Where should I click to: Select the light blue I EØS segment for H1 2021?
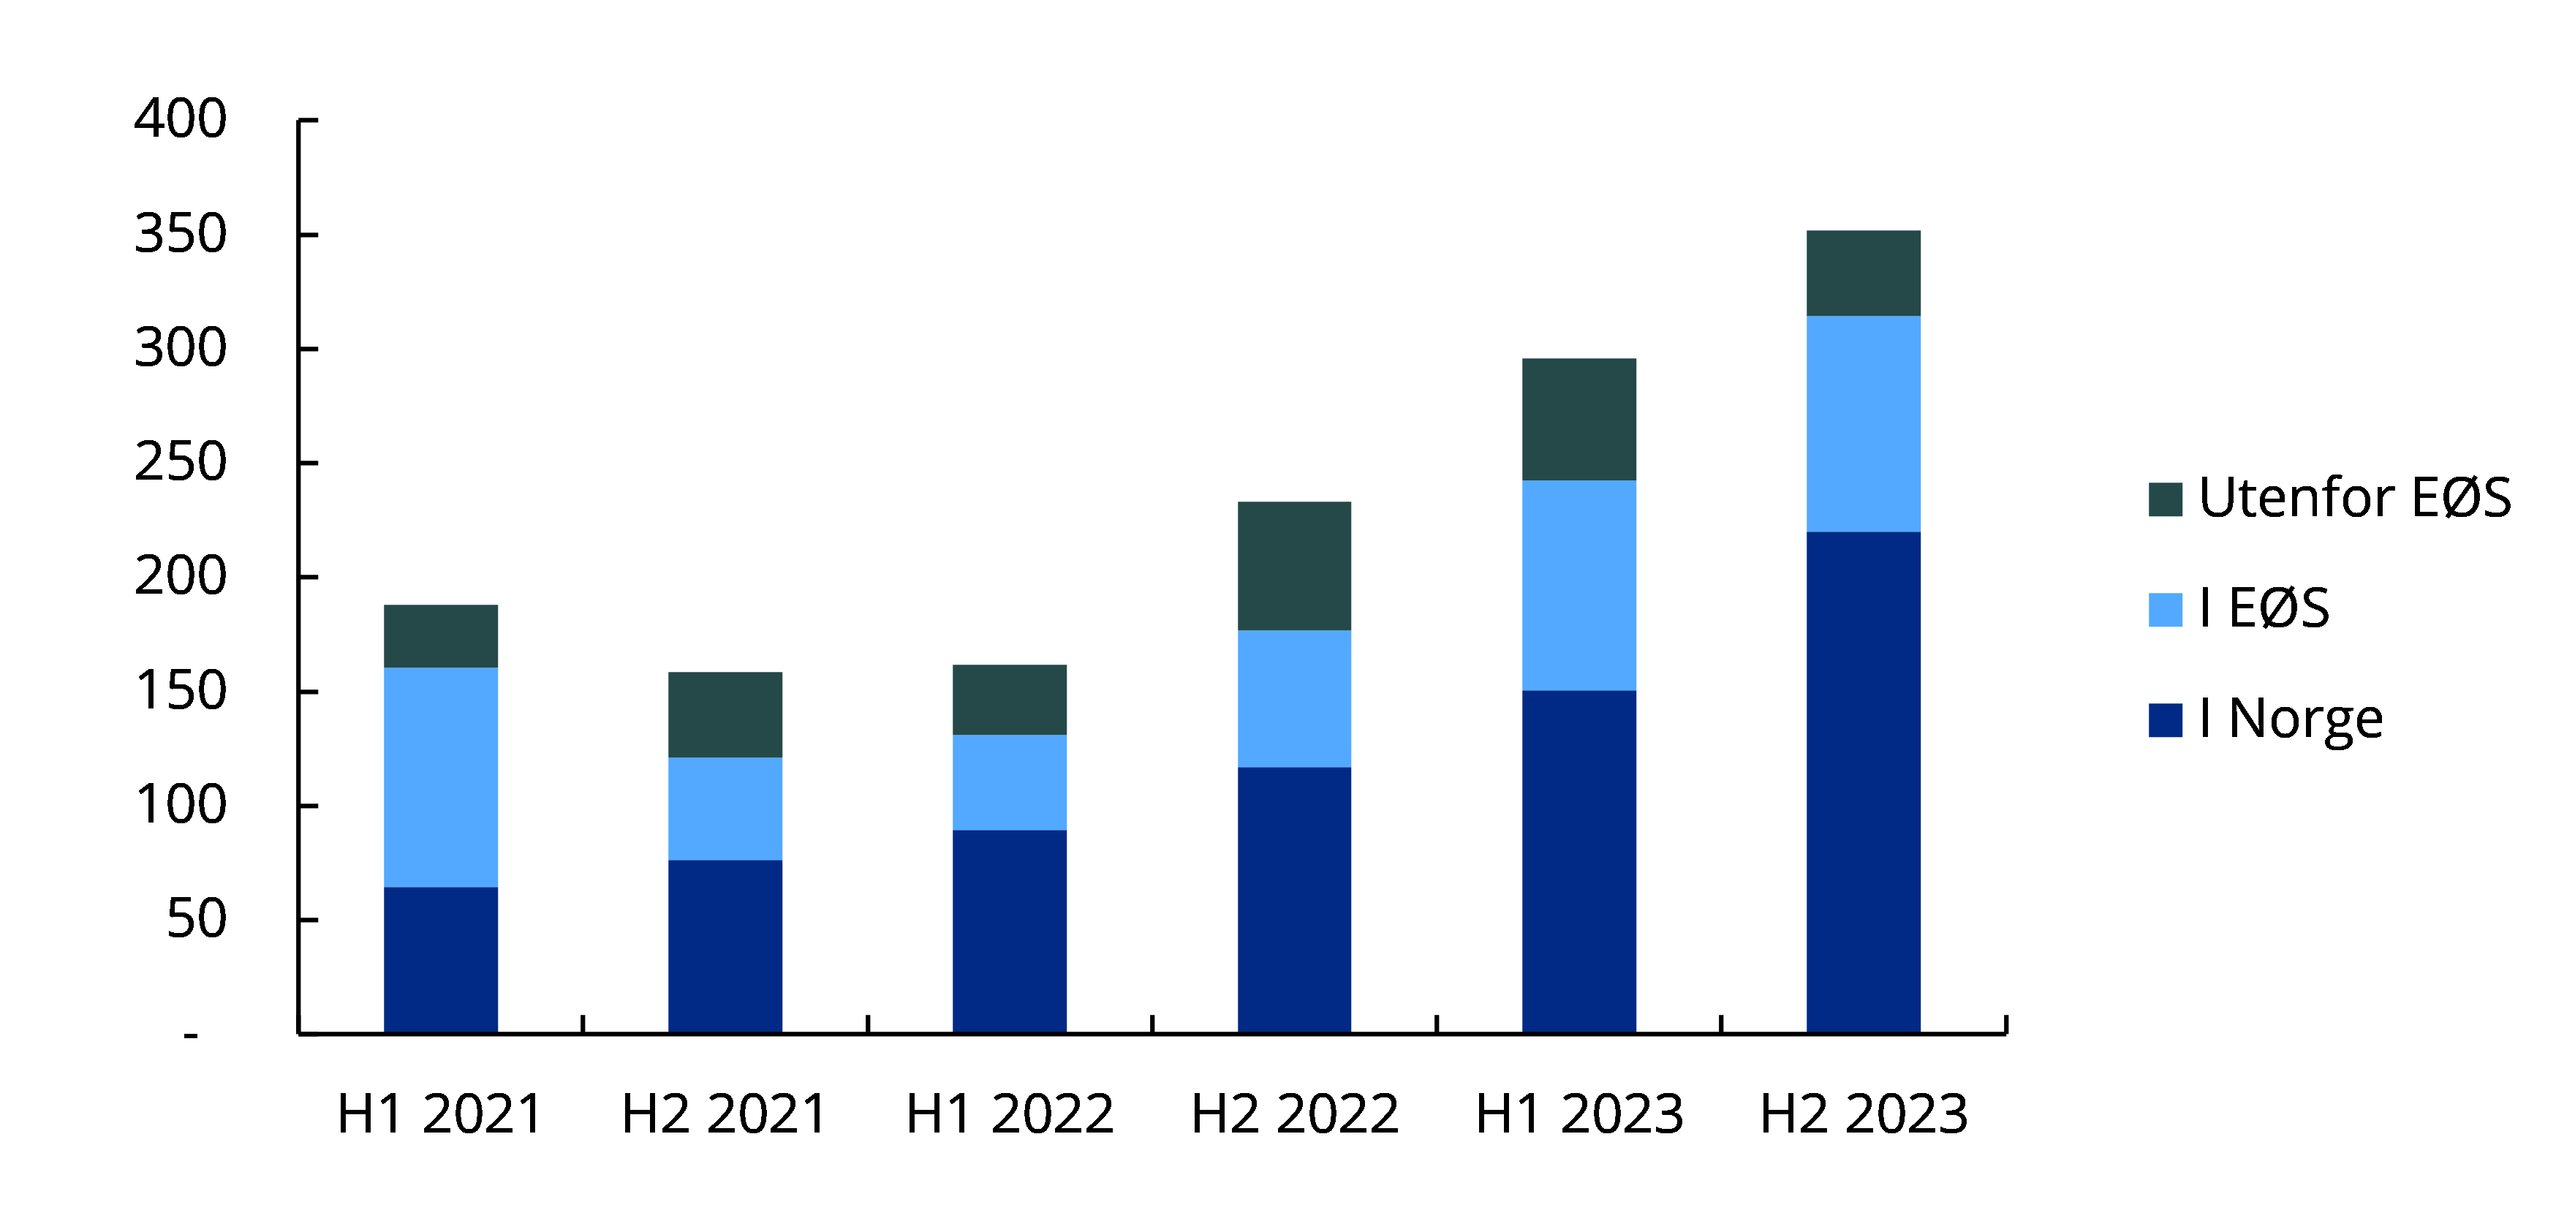tap(441, 777)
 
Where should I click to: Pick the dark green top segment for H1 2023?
tap(1578, 419)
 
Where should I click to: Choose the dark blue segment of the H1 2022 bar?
tap(1009, 931)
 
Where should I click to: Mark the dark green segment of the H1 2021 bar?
tap(441, 636)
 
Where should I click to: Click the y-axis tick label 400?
tap(181, 119)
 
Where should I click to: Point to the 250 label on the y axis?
tap(181, 462)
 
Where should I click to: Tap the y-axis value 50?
tap(196, 919)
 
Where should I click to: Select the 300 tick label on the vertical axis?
tap(181, 348)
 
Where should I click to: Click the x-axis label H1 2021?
tap(440, 1113)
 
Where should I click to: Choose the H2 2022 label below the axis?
tap(1295, 1113)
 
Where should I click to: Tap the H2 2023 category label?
tap(1864, 1113)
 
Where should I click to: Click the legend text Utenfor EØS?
tap(2354, 498)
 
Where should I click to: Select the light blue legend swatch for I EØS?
tap(2165, 610)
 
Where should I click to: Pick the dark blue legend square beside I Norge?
tap(2165, 720)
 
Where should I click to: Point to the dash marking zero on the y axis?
tap(191, 1035)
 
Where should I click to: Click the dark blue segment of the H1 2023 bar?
tap(1578, 861)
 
